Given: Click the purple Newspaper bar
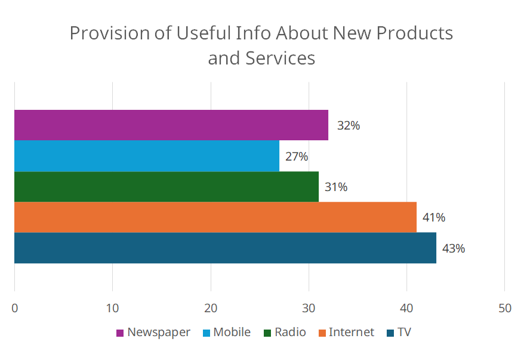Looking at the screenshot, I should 171,125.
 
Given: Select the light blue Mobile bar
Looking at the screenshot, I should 147,156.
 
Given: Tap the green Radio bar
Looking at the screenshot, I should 167,187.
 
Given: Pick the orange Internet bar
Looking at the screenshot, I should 215,217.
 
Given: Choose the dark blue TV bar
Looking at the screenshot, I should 225,248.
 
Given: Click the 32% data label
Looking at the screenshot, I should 348,126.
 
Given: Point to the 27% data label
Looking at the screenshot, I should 297,157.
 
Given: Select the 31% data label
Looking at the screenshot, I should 336,187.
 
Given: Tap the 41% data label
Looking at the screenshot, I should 434,218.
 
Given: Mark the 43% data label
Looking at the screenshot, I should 453,248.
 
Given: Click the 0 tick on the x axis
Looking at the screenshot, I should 14,308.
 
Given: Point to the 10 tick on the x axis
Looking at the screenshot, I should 112,308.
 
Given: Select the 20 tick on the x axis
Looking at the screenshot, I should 211,308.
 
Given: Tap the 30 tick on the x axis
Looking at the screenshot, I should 309,308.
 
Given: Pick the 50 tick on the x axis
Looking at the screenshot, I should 505,308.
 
